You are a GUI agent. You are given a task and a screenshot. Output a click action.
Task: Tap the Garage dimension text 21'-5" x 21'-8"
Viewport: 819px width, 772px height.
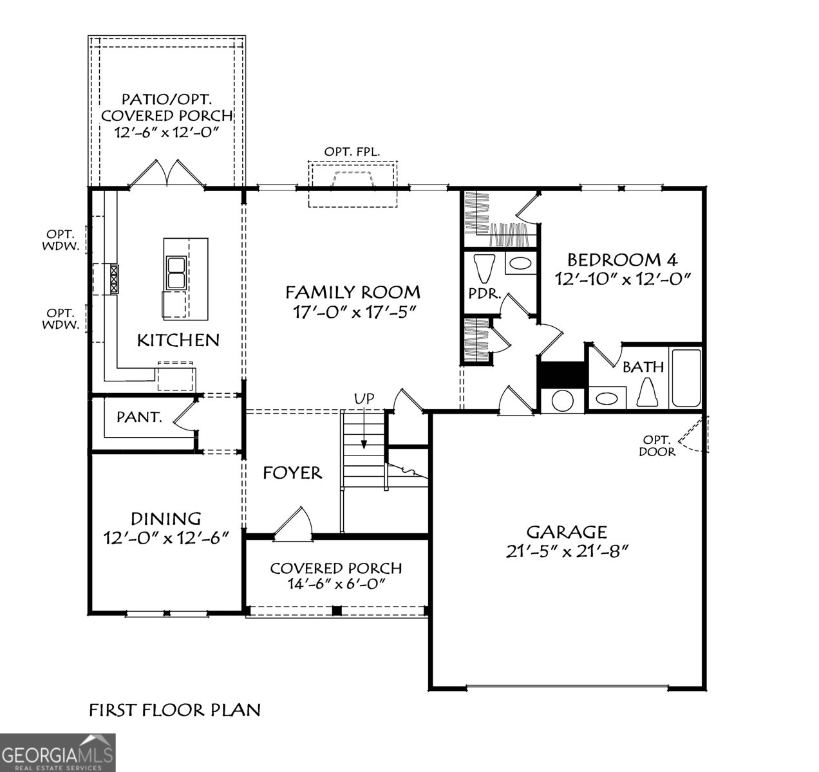pos(567,551)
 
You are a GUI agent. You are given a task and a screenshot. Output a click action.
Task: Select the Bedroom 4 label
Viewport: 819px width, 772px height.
pos(622,260)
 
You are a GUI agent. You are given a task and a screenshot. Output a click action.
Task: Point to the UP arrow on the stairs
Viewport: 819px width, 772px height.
pos(364,428)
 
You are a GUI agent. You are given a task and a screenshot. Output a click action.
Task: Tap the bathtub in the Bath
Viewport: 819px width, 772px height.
pos(686,378)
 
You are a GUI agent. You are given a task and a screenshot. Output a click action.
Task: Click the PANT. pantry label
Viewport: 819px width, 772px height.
pos(138,417)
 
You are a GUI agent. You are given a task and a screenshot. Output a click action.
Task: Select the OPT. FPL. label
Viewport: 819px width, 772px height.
pos(352,151)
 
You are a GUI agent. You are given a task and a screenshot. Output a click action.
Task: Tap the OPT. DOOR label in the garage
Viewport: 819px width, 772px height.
pos(657,446)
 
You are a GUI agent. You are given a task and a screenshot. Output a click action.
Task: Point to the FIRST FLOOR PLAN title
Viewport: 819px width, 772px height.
pos(174,710)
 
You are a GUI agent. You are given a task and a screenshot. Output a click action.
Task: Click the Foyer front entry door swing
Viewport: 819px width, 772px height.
pos(295,521)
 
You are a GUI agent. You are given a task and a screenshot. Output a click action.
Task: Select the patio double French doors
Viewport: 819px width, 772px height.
pos(167,173)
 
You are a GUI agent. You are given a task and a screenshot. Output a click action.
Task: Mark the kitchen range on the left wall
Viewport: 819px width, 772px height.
pos(114,279)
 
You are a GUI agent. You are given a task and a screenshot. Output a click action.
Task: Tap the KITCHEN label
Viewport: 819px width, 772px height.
pos(178,340)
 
